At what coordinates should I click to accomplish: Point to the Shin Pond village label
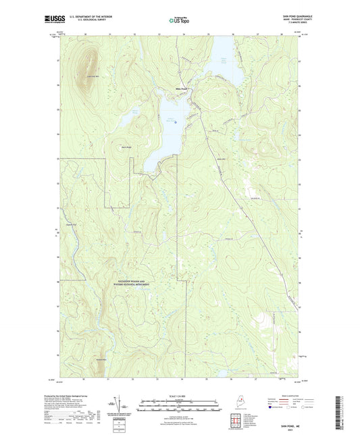(181, 87)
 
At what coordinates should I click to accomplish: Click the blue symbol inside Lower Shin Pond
(176, 122)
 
